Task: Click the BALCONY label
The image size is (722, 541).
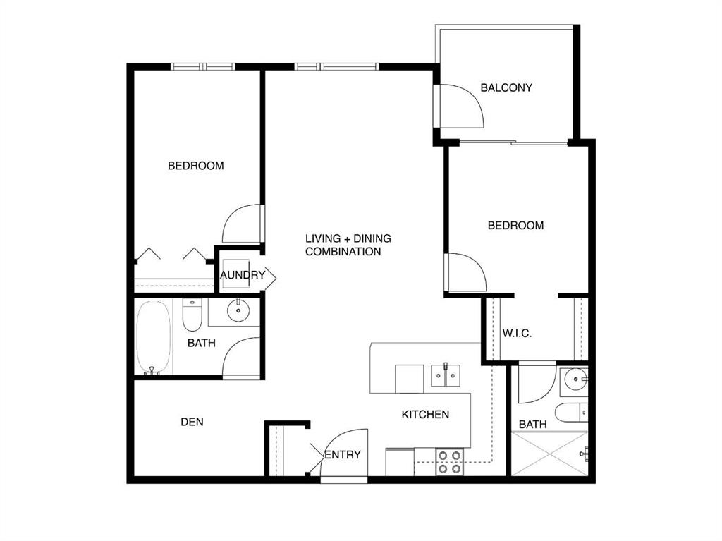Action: [x=506, y=87]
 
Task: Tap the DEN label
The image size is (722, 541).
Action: [x=192, y=422]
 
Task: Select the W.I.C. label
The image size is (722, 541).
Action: [x=517, y=333]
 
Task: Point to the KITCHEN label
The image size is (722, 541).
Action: [x=425, y=414]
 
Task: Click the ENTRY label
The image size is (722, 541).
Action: [x=343, y=455]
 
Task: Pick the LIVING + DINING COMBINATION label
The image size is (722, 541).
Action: [x=348, y=245]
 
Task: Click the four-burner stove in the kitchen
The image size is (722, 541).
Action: [x=449, y=462]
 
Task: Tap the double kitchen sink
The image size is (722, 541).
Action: [x=446, y=375]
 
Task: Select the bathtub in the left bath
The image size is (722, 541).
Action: [x=153, y=338]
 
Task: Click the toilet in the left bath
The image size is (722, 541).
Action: [x=192, y=315]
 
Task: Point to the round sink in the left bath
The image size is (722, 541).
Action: [x=238, y=310]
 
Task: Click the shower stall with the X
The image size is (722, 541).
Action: [x=549, y=454]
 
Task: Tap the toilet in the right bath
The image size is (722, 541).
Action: [x=571, y=413]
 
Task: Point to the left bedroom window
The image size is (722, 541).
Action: [x=203, y=67]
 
